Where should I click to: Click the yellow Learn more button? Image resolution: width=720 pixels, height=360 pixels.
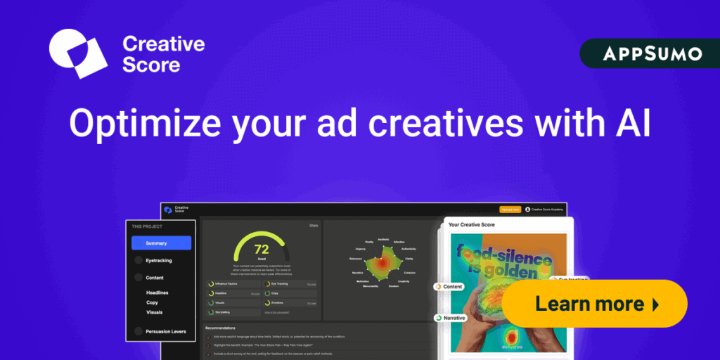coord(594,304)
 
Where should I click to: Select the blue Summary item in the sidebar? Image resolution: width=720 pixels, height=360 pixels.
coord(161,243)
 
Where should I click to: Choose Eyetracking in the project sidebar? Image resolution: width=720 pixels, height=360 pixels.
coord(158,260)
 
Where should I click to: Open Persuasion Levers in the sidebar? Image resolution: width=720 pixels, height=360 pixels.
coord(166,331)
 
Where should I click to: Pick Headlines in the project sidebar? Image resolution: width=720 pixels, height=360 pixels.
coord(157,292)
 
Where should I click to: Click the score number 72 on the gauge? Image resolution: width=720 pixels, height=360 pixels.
coord(262,249)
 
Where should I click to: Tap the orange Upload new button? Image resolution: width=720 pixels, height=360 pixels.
coord(510,210)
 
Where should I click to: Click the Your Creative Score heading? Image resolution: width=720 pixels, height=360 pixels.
coord(472,225)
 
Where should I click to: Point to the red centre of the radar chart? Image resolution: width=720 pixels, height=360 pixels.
coord(380,265)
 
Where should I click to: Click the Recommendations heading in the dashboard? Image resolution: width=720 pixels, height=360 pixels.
coord(220,328)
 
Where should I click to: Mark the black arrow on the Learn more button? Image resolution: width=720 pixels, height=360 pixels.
coord(655,304)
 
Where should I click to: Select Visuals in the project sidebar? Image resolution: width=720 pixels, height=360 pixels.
coord(155,311)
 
